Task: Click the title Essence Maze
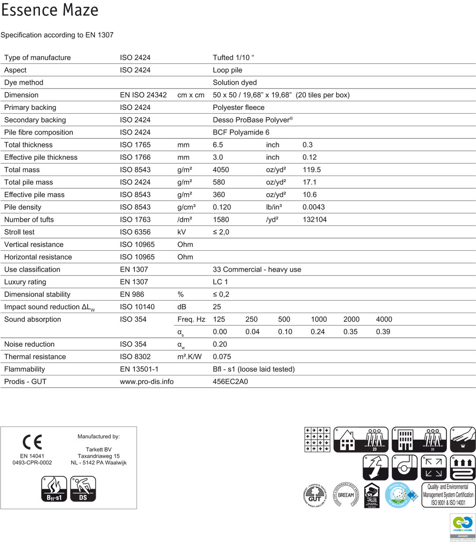(x=50, y=10)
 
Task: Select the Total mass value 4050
(x=221, y=170)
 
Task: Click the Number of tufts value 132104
(x=315, y=219)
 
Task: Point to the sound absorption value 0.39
(x=383, y=332)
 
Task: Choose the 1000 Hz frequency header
(x=318, y=319)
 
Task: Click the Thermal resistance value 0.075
(x=222, y=356)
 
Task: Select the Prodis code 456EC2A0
(x=230, y=382)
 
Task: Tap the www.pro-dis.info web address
(x=147, y=382)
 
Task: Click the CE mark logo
(x=32, y=442)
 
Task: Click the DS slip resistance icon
(x=83, y=489)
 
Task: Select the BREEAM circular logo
(x=346, y=495)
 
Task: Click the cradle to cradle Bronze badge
(x=462, y=527)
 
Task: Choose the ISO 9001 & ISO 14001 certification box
(x=448, y=495)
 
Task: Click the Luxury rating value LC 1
(x=220, y=282)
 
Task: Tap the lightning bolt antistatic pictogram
(x=376, y=467)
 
